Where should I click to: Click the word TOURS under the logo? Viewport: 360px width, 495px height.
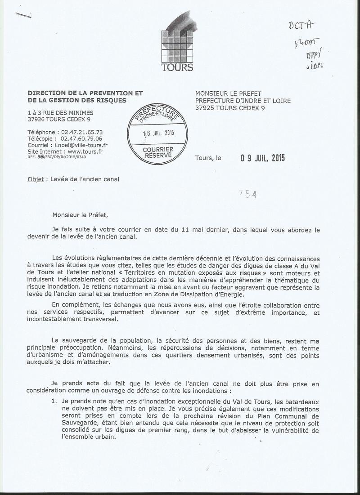(177, 68)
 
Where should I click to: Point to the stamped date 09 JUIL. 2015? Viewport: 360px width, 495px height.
(262, 158)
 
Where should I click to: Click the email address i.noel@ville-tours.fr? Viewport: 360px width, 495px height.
(81, 145)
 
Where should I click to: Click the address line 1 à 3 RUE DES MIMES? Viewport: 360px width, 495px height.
(59, 113)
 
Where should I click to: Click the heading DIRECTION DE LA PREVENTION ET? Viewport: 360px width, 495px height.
(85, 93)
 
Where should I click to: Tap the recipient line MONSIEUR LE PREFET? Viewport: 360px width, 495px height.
(233, 94)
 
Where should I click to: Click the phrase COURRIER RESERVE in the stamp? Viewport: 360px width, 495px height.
(157, 152)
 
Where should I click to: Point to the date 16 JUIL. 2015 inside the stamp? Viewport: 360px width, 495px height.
(158, 133)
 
